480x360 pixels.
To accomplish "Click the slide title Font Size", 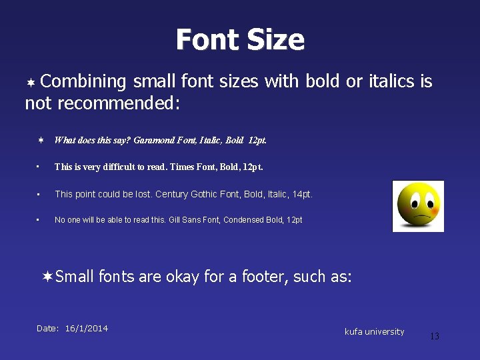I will tap(240, 40).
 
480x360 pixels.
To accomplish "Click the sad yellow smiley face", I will tap(418, 206).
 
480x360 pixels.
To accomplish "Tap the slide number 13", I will tap(434, 337).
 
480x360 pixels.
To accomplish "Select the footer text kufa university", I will tap(374, 331).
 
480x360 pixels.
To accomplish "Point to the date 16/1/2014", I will tap(87, 328).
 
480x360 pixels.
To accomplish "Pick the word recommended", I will tap(116, 104).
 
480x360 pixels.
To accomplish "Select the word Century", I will tap(173, 194).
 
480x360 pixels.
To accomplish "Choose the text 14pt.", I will tap(302, 194).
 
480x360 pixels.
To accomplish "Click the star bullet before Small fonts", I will tap(47, 276).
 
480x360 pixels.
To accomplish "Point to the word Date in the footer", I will tap(48, 328).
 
